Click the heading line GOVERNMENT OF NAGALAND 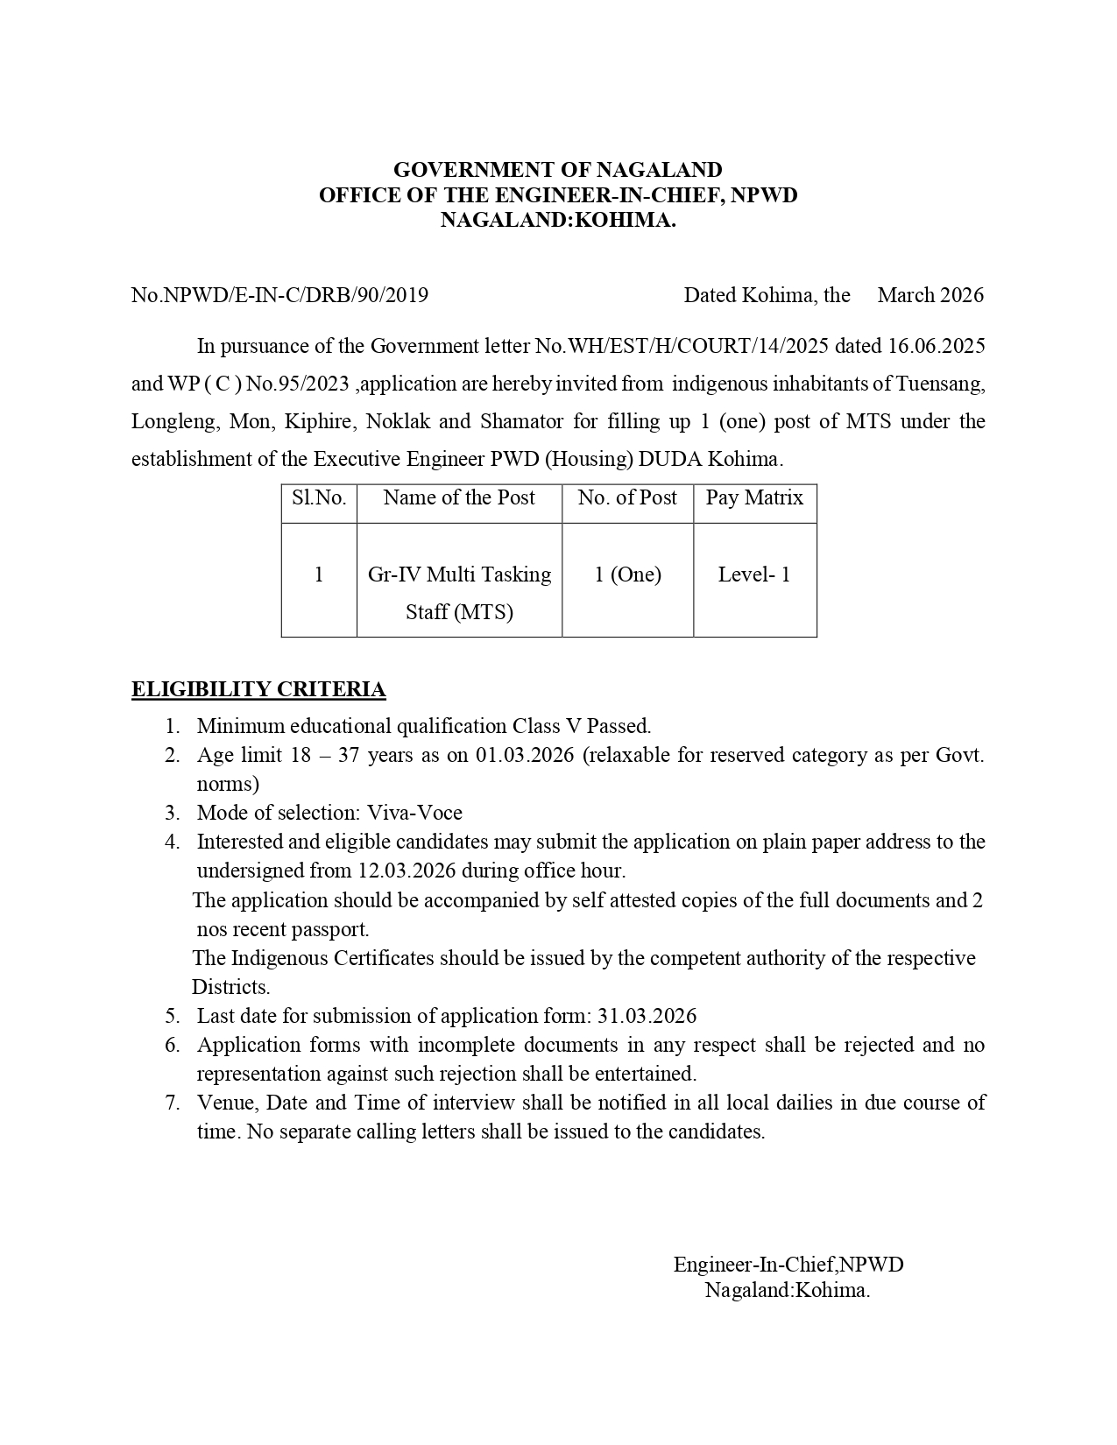click(x=557, y=169)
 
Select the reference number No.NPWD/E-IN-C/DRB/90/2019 click(x=279, y=295)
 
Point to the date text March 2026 click(x=930, y=295)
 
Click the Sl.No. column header click(x=319, y=498)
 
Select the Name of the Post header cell click(x=459, y=498)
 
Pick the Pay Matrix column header click(x=754, y=498)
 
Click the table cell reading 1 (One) click(x=627, y=574)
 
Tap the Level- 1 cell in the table click(x=754, y=574)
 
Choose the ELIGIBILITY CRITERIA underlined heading click(x=258, y=689)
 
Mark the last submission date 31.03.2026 click(x=647, y=1016)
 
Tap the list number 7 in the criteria click(x=173, y=1103)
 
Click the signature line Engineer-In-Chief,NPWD click(x=788, y=1265)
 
